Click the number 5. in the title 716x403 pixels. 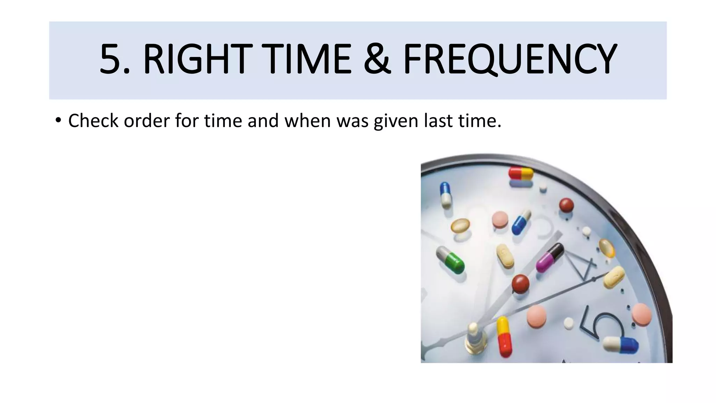(x=115, y=59)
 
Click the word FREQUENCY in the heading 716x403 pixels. (x=509, y=59)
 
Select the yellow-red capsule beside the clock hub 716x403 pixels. (x=504, y=337)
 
